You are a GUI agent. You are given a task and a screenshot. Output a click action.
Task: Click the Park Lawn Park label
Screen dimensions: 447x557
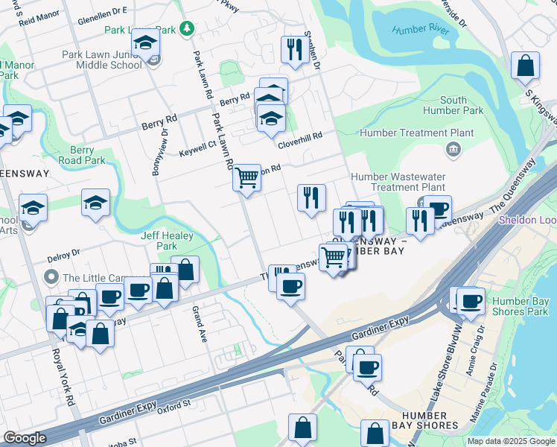pos(140,30)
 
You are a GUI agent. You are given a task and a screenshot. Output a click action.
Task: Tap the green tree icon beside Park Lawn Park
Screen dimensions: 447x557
pos(188,29)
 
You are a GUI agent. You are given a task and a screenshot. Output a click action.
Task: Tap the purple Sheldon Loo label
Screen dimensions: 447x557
pos(527,220)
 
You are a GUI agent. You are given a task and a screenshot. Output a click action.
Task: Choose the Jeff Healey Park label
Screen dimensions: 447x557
pos(168,241)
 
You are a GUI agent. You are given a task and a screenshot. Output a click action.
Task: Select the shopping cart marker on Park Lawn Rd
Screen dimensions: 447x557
pos(246,178)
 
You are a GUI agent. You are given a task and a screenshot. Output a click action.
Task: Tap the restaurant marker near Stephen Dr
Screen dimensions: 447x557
pos(293,50)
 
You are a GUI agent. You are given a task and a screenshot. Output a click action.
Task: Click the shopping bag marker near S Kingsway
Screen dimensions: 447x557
pos(525,66)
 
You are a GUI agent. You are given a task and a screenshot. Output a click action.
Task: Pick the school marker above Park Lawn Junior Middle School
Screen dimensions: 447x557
pos(146,45)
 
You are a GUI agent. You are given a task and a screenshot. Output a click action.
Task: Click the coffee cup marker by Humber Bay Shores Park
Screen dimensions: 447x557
pos(471,301)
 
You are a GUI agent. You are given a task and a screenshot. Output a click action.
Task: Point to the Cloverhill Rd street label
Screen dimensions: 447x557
pos(299,137)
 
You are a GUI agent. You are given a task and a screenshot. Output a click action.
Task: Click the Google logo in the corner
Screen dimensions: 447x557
pos(25,438)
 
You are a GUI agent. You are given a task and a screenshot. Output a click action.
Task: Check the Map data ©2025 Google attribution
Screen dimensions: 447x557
pos(509,441)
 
